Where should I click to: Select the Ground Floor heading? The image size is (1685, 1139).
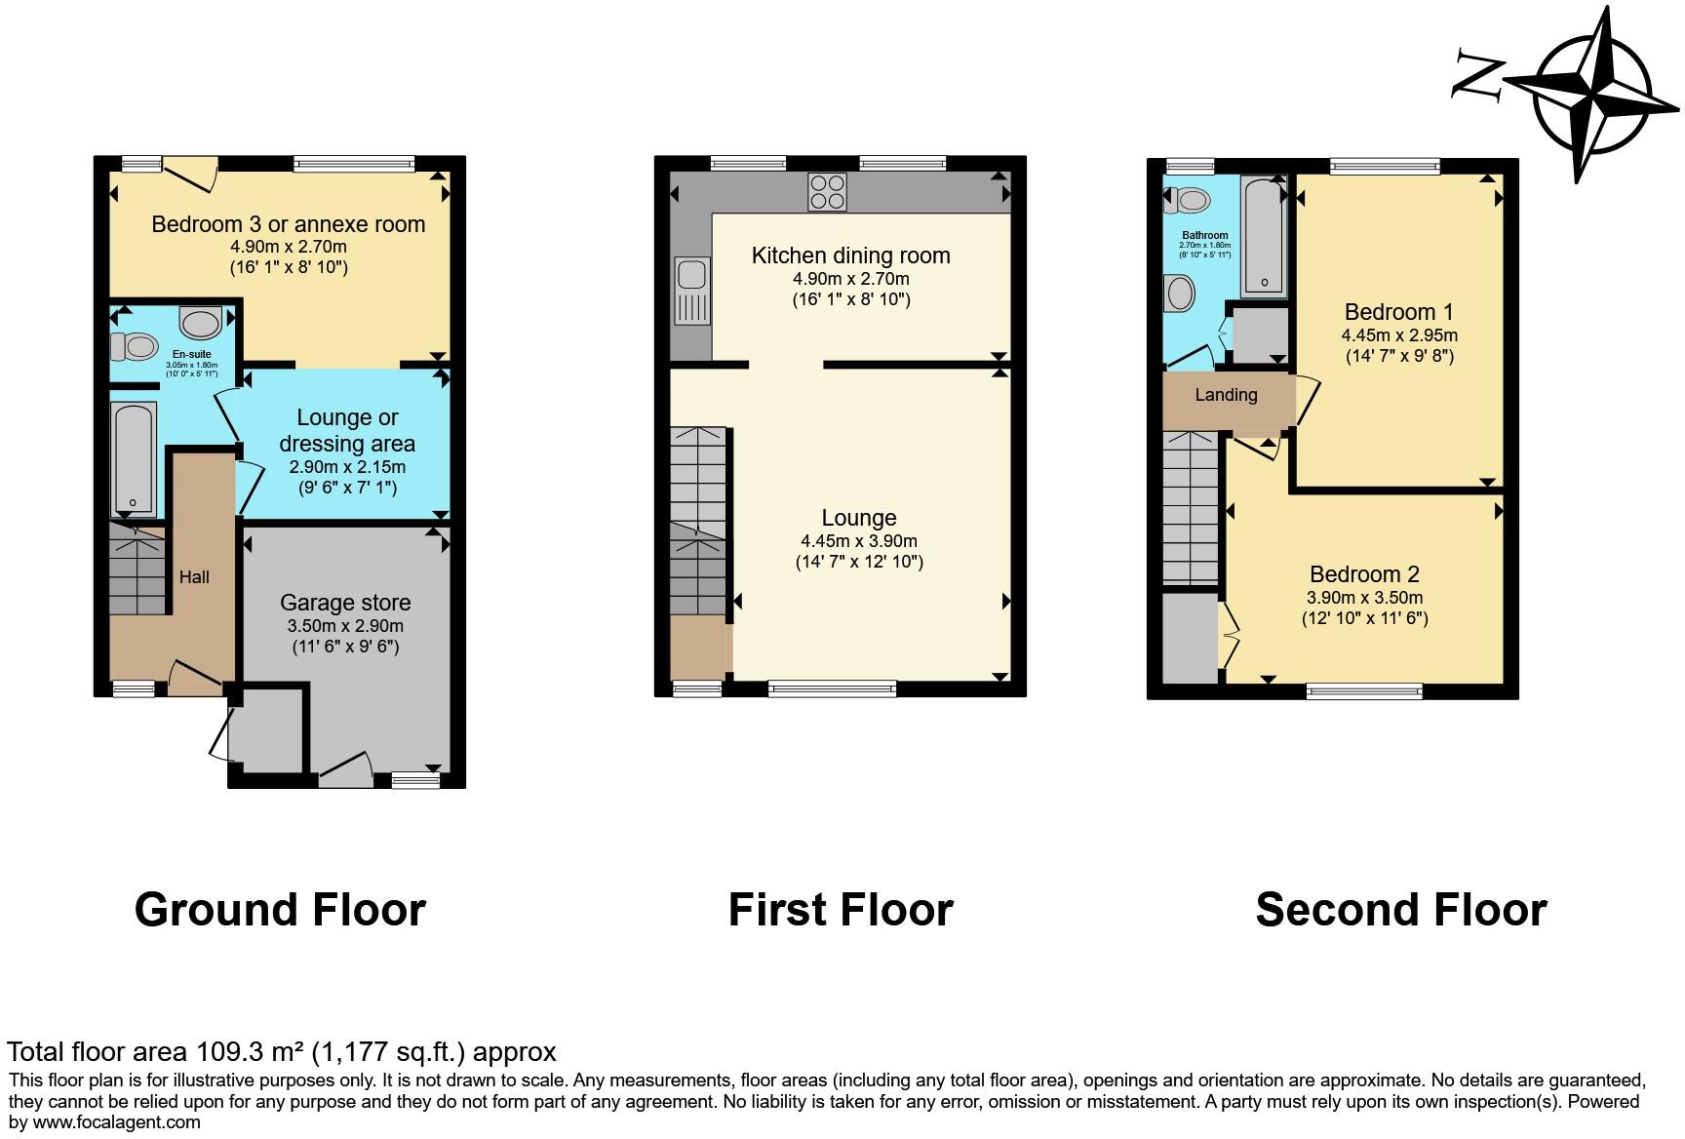pos(280,909)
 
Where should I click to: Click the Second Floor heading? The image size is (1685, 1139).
pos(1400,909)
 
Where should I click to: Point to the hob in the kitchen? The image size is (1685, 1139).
pos(827,191)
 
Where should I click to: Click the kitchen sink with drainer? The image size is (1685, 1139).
pos(692,290)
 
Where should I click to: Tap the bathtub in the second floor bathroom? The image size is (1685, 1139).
pos(1264,236)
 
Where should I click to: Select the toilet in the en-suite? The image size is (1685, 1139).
pos(135,346)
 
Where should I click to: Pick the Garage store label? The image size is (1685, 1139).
pos(345,603)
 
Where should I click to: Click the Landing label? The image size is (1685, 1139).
pos(1226,395)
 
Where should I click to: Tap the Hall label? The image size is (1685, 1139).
pos(194,577)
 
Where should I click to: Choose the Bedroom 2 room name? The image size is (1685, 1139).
pos(1364,574)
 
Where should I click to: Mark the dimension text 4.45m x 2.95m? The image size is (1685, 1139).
pos(1399,334)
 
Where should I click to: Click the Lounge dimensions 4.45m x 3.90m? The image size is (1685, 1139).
pos(858,541)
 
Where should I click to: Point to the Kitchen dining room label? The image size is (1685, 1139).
pos(850,255)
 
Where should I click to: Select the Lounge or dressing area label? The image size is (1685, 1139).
pos(347,430)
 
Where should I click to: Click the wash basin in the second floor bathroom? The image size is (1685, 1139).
pos(1180,293)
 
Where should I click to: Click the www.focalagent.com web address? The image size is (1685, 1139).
pos(116,1121)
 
